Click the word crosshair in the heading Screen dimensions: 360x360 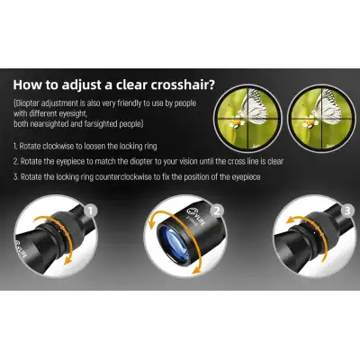(x=183, y=85)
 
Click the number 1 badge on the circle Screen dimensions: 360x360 (x=91, y=211)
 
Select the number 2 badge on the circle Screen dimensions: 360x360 (x=217, y=211)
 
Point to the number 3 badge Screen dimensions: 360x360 (x=347, y=211)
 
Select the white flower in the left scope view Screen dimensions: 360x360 (x=235, y=123)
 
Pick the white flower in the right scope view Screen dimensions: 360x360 (x=309, y=123)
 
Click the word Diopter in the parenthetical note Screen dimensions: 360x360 (x=27, y=103)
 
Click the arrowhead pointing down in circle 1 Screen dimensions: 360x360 (x=68, y=260)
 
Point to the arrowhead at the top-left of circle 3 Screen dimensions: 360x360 (x=291, y=221)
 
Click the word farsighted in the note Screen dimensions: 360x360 (x=101, y=124)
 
